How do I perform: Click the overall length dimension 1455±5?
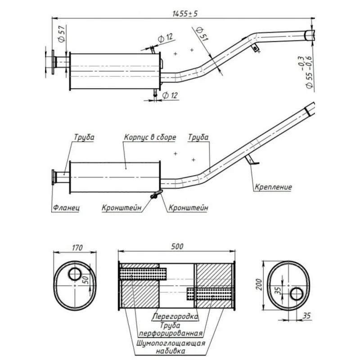(x=185, y=14)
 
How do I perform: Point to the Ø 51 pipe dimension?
(x=202, y=34)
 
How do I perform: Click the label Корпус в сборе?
(x=150, y=137)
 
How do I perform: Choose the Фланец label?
(x=66, y=208)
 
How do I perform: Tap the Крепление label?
(x=273, y=187)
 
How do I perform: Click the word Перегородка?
(x=175, y=317)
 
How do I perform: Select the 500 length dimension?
(x=177, y=246)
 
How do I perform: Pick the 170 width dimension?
(x=77, y=248)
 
